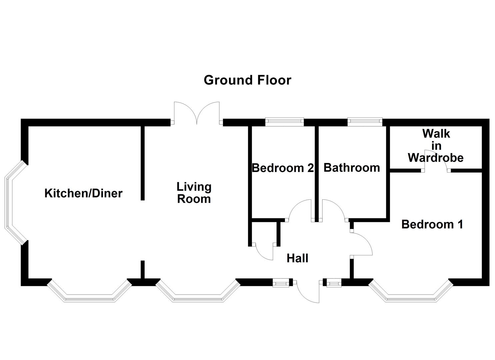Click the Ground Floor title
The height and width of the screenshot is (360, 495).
tap(247, 80)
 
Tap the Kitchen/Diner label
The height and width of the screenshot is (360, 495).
tap(83, 193)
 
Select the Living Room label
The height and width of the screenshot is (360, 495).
tap(194, 193)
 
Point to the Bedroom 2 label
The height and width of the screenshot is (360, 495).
tap(283, 168)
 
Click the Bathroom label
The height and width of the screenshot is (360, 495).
tap(352, 167)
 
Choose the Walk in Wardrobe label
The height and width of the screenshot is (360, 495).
tap(436, 146)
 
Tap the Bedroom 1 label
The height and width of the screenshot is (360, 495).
tap(432, 224)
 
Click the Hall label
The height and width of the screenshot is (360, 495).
tap(297, 258)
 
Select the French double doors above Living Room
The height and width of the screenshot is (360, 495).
tap(197, 113)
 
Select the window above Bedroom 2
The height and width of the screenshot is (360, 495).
tap(284, 122)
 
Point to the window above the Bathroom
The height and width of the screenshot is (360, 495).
tap(365, 122)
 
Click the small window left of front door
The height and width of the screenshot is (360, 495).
tap(281, 283)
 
